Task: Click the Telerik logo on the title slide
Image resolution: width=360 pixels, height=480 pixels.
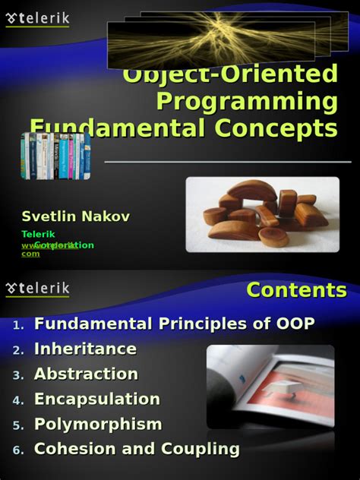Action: click(37, 16)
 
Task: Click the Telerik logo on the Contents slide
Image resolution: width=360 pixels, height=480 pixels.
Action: click(37, 289)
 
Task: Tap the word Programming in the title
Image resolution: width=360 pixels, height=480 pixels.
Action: click(247, 101)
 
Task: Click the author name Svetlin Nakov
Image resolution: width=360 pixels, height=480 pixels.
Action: click(75, 216)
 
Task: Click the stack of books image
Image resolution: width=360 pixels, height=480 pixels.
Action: click(55, 156)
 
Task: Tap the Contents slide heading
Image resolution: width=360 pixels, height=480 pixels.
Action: click(296, 289)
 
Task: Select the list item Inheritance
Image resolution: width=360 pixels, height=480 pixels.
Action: click(85, 349)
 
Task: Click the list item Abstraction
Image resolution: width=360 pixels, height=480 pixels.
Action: click(86, 374)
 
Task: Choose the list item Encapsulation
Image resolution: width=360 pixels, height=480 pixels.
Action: click(97, 399)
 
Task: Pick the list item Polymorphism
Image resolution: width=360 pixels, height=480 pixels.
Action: click(98, 425)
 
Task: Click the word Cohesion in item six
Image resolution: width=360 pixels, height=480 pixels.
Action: click(72, 449)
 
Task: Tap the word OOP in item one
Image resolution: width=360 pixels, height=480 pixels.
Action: click(292, 324)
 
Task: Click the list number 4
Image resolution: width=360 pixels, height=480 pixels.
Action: click(18, 400)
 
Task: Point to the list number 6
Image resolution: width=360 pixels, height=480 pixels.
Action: click(18, 450)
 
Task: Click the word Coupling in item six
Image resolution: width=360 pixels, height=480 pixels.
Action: click(197, 449)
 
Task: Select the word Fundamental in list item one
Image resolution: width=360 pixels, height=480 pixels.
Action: click(93, 324)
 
